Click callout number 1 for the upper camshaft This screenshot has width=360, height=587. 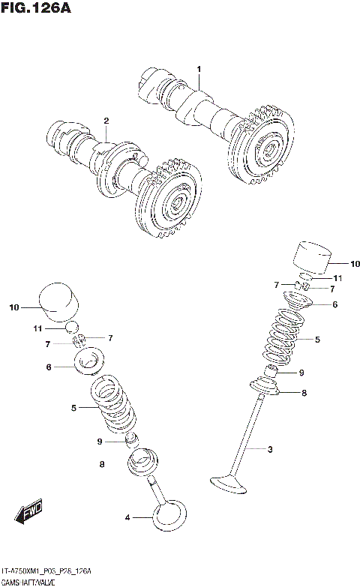199,70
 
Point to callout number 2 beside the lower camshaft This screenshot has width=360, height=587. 106,121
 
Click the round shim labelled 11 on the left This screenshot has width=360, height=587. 73,327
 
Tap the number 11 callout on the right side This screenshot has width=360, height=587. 337,278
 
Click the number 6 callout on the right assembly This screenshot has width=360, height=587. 334,304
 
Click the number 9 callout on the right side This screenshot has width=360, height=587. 301,372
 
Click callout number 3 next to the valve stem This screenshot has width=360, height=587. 269,449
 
